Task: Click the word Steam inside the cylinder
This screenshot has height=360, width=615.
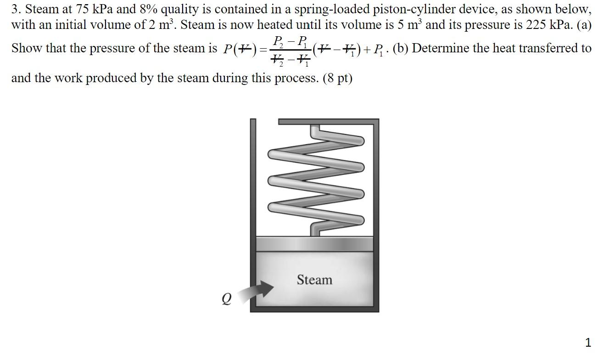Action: [x=314, y=280]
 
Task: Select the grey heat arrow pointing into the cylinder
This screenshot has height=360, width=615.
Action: [x=257, y=290]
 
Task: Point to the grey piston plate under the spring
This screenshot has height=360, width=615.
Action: [x=314, y=243]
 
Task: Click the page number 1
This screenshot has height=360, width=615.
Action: [x=588, y=342]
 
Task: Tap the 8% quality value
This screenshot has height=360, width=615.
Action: [x=167, y=9]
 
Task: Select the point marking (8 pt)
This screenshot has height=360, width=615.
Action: [x=338, y=78]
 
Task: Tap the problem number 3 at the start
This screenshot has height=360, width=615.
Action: [x=15, y=9]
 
